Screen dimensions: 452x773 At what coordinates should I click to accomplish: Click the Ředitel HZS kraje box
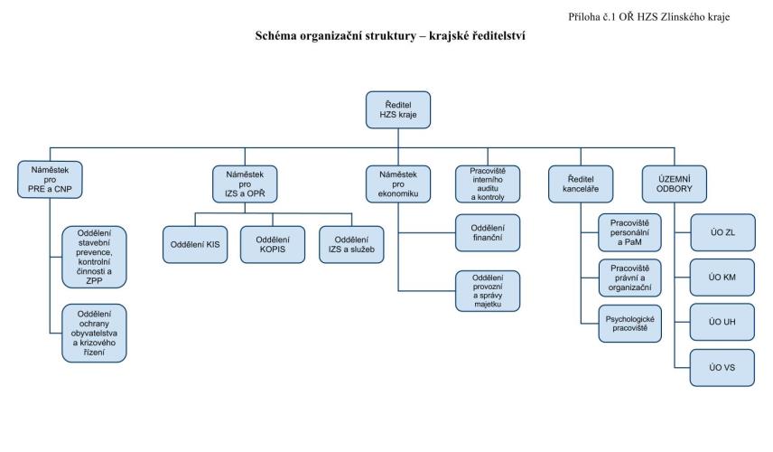coord(398,109)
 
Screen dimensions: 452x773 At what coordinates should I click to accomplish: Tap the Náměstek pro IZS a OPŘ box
coord(245,184)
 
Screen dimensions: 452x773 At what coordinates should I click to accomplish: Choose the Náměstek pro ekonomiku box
coord(398,184)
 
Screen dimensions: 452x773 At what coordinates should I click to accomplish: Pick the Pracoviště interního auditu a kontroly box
coord(488,184)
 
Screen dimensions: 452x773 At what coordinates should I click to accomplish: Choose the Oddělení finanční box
coord(487,232)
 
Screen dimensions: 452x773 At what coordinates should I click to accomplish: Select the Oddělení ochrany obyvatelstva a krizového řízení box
coord(94,333)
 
